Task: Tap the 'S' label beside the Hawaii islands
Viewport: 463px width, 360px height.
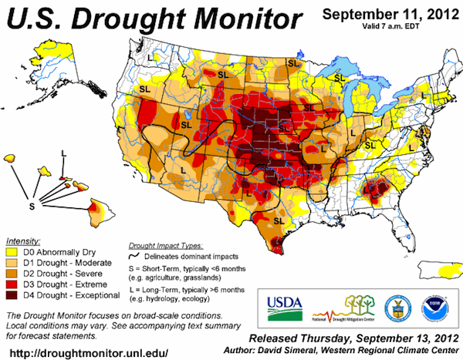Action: (32, 207)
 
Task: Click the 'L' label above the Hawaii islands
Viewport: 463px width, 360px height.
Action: (64, 153)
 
